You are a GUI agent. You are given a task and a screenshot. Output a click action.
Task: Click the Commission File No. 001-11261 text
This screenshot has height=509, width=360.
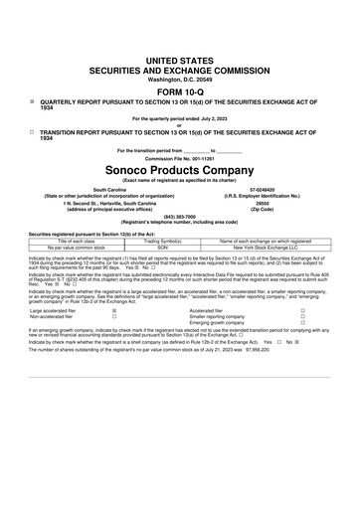179,156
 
